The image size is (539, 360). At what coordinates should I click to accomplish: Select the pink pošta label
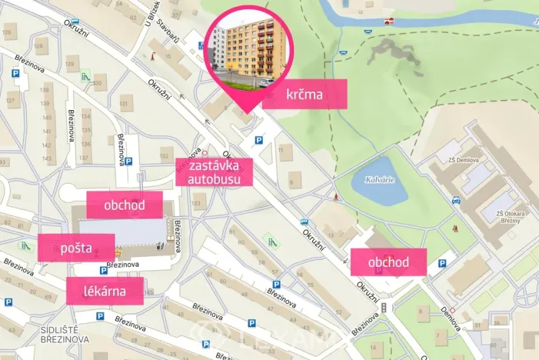pos(76,248)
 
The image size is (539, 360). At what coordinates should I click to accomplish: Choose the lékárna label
pos(105,292)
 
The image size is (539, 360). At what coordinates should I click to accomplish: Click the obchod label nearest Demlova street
pos(388,262)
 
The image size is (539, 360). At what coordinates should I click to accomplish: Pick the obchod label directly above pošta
pos(124,205)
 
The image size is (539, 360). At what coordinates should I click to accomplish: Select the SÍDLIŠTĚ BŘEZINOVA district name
pos(65,334)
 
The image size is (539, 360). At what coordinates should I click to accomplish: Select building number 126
pos(10,33)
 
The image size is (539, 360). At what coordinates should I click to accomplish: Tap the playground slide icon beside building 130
pos(86,77)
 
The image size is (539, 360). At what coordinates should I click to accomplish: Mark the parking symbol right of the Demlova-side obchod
pos(442,264)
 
